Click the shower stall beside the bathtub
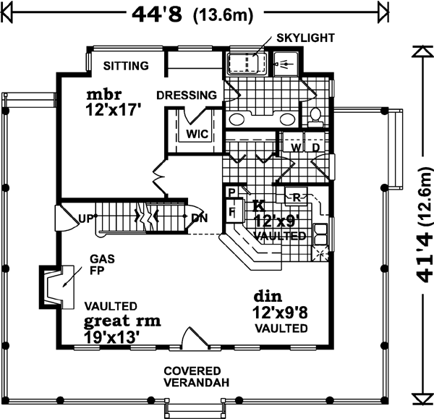pos(286,64)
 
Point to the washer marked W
pos(296,148)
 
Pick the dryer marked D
pos(315,148)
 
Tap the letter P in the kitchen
pos(231,192)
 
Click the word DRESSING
pos(186,95)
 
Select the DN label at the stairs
pos(200,216)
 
